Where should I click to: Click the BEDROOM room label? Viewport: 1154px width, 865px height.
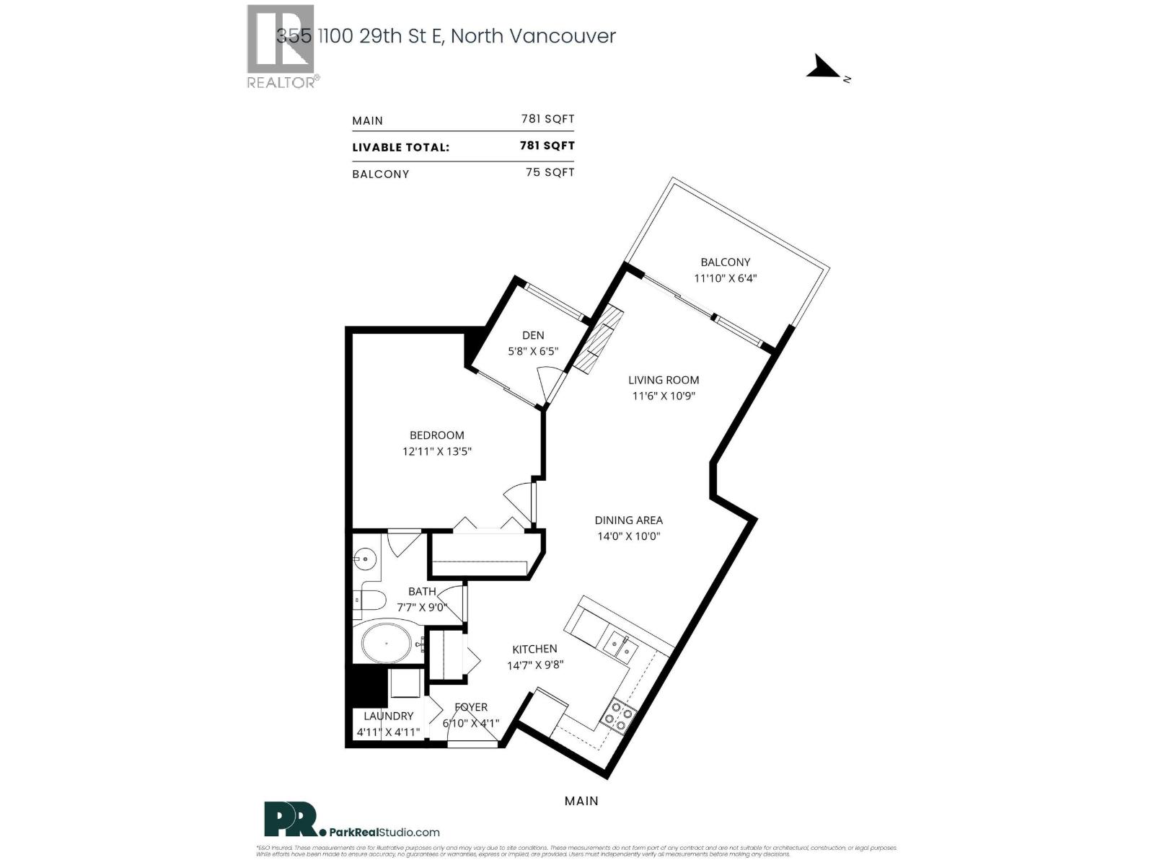click(436, 435)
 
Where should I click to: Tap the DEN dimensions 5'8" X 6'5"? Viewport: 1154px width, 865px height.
click(533, 352)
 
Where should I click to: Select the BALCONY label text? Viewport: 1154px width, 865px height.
click(725, 262)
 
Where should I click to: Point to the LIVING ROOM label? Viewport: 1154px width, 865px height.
click(663, 380)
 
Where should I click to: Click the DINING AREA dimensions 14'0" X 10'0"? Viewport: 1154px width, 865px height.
click(628, 536)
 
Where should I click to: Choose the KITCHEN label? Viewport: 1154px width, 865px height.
click(534, 649)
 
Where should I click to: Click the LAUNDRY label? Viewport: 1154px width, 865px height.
click(388, 716)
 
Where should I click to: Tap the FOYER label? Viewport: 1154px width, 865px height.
click(471, 707)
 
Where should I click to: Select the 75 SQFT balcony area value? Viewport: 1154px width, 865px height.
click(550, 172)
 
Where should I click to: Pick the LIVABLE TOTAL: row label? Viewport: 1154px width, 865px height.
click(400, 148)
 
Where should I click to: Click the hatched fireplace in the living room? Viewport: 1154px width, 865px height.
click(598, 340)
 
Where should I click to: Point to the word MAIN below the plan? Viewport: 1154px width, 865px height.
click(581, 801)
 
